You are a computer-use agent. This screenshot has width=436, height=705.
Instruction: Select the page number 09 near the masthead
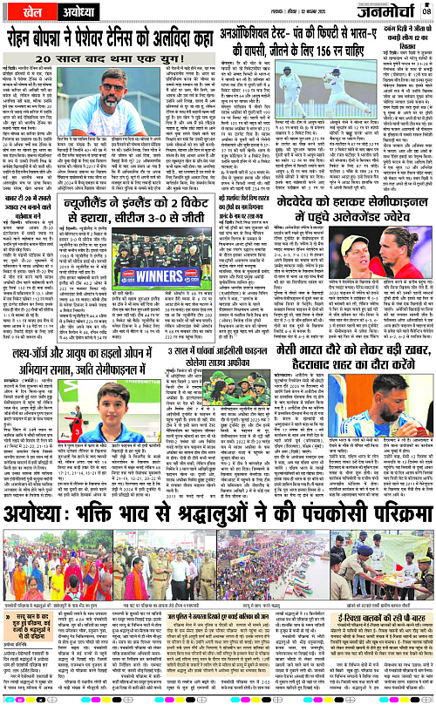(x=426, y=11)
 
